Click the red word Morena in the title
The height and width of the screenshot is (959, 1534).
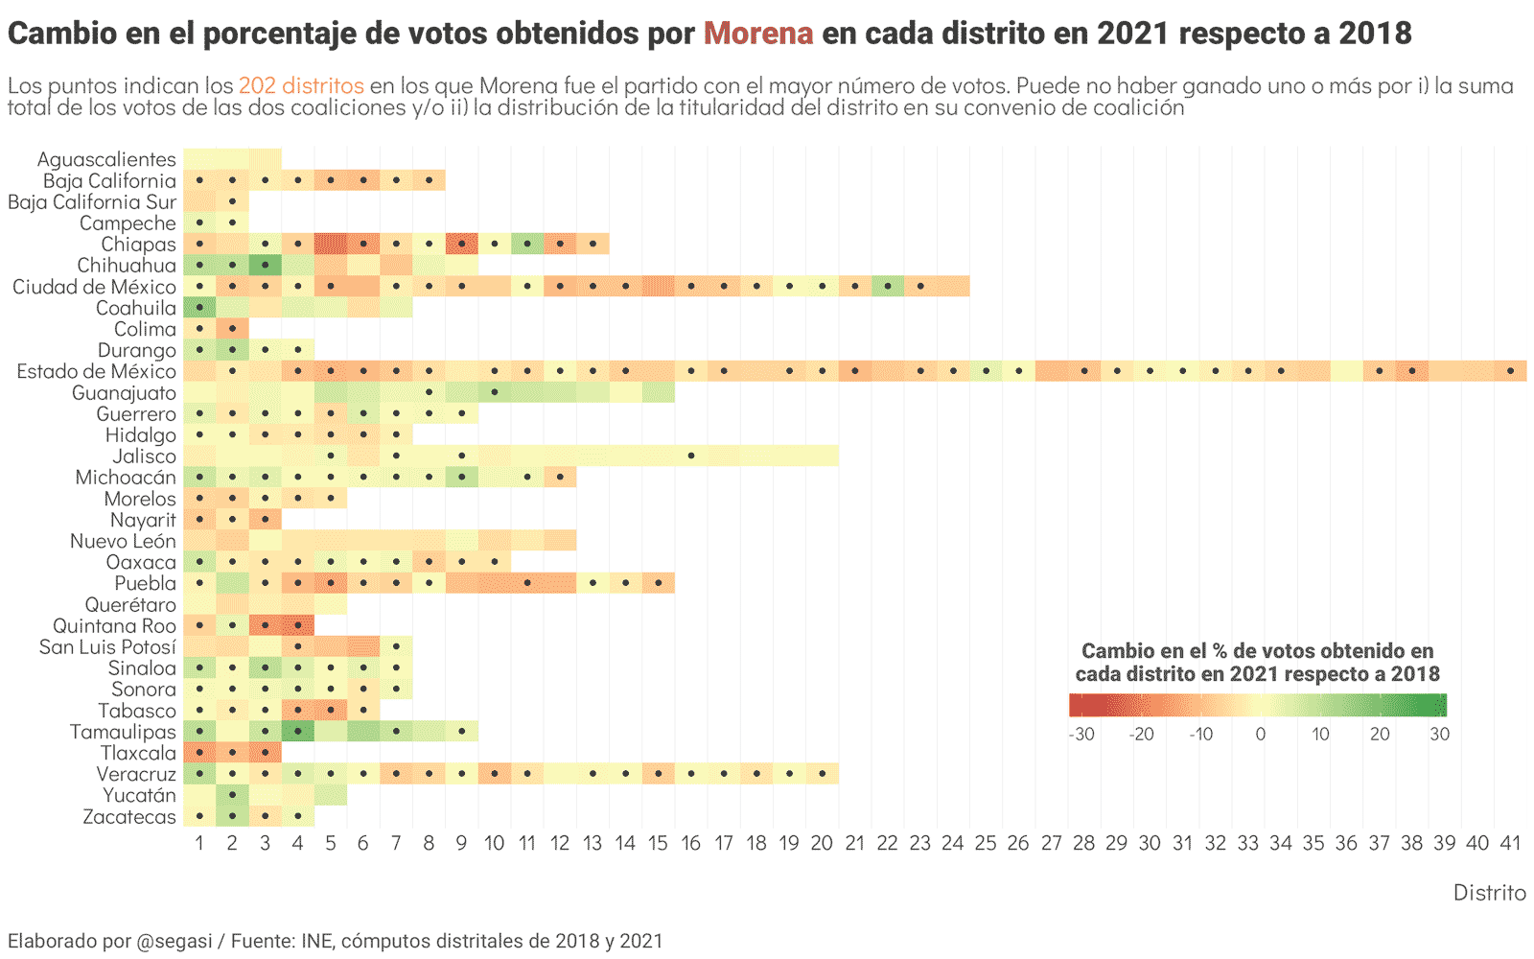click(758, 34)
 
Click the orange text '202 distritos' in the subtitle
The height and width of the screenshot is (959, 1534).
click(301, 85)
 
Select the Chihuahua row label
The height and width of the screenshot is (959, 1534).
click(127, 266)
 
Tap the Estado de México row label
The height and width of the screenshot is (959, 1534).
click(97, 371)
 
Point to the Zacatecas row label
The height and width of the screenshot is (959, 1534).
click(129, 817)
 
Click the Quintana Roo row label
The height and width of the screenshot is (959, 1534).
click(115, 626)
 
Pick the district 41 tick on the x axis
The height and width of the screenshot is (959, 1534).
click(1510, 843)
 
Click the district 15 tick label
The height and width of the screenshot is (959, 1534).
click(658, 843)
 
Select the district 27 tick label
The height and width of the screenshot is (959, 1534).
click(1052, 843)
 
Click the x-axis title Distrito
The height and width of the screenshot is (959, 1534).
click(1489, 893)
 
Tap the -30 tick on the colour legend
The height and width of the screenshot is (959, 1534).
click(1081, 735)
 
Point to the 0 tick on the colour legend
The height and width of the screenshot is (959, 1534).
click(1260, 735)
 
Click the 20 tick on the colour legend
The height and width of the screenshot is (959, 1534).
click(1380, 735)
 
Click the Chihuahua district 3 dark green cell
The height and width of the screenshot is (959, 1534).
click(266, 265)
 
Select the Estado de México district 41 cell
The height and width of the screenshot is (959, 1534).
click(1510, 371)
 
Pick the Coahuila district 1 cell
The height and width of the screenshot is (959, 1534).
click(199, 308)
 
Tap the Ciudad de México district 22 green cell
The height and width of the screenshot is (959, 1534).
click(888, 286)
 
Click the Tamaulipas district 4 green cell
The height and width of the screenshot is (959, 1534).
click(298, 732)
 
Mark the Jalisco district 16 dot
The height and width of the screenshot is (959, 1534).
click(691, 456)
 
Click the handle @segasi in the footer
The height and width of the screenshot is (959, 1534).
click(174, 941)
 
